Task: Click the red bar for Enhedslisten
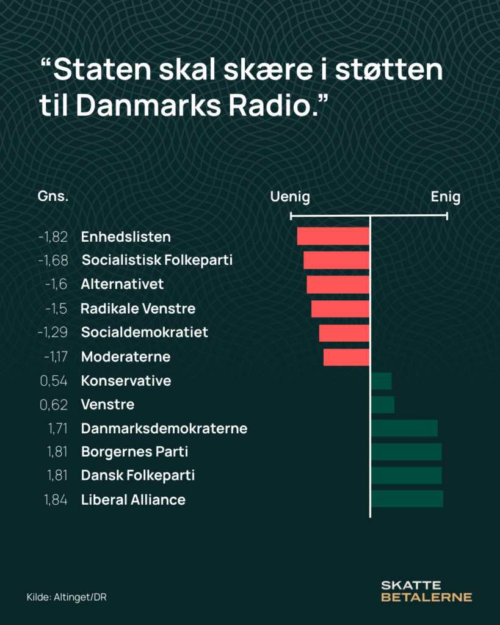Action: click(333, 236)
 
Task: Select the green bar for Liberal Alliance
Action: click(407, 499)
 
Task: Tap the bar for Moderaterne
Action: click(346, 357)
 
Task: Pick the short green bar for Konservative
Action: click(382, 381)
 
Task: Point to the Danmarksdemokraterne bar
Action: click(404, 428)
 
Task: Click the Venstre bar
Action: click(383, 405)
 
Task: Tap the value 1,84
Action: click(56, 500)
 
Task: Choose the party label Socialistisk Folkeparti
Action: click(157, 261)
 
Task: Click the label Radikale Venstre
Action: click(138, 309)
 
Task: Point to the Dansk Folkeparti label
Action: click(138, 475)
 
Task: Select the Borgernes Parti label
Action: click(134, 452)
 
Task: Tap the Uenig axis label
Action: click(290, 197)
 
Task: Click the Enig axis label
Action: click(446, 197)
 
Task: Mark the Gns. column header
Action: click(53, 197)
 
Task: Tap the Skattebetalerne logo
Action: click(426, 591)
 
